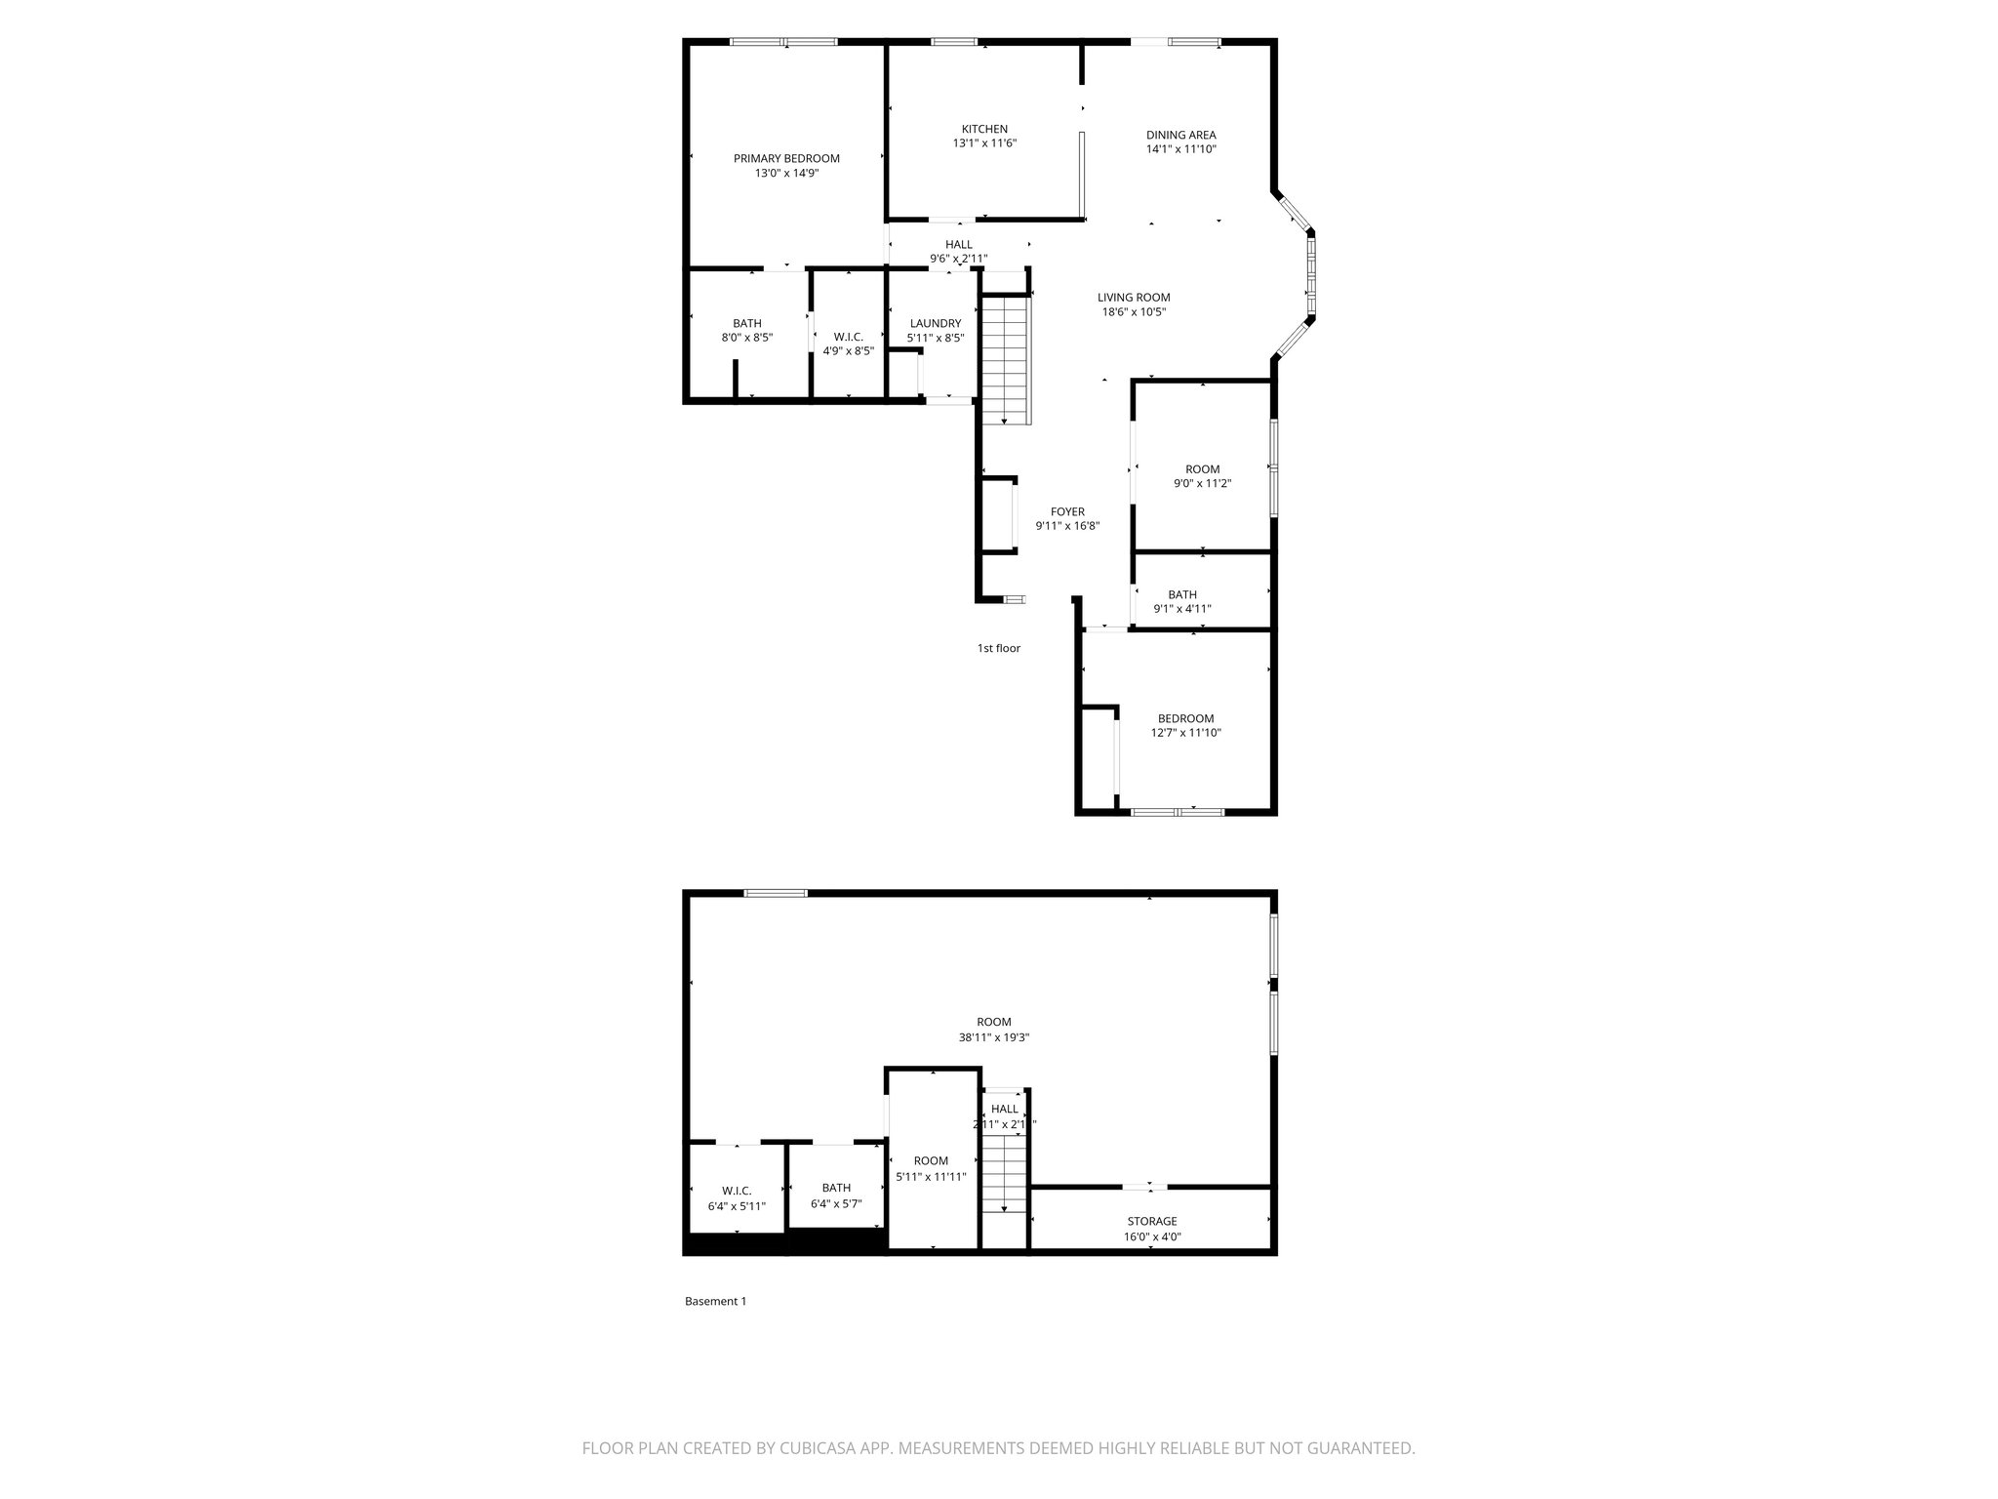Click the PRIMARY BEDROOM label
coord(786,159)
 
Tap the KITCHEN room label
coord(984,129)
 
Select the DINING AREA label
coord(1180,136)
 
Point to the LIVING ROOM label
coord(1134,298)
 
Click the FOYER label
coord(1067,511)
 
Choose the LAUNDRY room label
coord(936,324)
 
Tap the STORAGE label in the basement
coord(1152,1221)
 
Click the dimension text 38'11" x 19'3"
coord(994,1037)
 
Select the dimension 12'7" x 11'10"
coord(1186,733)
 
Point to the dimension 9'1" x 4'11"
coord(1182,609)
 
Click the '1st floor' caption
coord(999,648)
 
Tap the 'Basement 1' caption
coord(715,1301)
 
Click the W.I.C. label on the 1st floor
coord(849,337)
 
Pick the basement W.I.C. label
coord(737,1191)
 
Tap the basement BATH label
coord(836,1188)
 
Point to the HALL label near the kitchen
coord(959,245)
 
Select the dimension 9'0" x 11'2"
coord(1203,483)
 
